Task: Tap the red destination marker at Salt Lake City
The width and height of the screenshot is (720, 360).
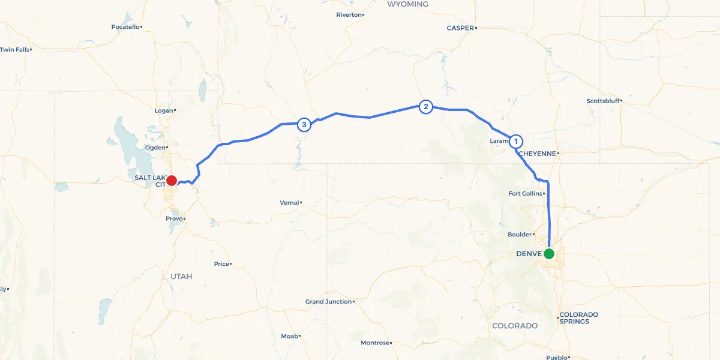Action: [171, 180]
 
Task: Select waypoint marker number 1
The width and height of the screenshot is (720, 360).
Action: [515, 142]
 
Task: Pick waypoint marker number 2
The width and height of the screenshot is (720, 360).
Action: [425, 107]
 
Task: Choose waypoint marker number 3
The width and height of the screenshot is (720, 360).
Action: [304, 125]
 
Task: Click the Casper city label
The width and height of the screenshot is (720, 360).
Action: [460, 28]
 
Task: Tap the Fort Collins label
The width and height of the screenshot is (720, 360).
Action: [525, 193]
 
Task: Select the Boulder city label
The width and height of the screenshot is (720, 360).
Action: [520, 234]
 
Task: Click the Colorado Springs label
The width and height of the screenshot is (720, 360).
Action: [578, 318]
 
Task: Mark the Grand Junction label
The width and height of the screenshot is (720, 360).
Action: [328, 301]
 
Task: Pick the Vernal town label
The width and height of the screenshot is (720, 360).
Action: [289, 203]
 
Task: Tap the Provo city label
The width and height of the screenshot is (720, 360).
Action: [174, 218]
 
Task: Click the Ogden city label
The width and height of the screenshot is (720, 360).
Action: [155, 147]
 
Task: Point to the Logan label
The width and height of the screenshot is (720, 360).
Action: [163, 110]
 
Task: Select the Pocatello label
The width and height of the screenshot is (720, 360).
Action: [125, 26]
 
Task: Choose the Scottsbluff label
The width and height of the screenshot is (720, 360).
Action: [602, 101]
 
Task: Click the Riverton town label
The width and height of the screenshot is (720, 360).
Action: [349, 14]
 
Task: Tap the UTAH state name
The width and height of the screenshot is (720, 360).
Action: [181, 276]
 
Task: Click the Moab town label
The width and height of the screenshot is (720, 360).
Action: [289, 336]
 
